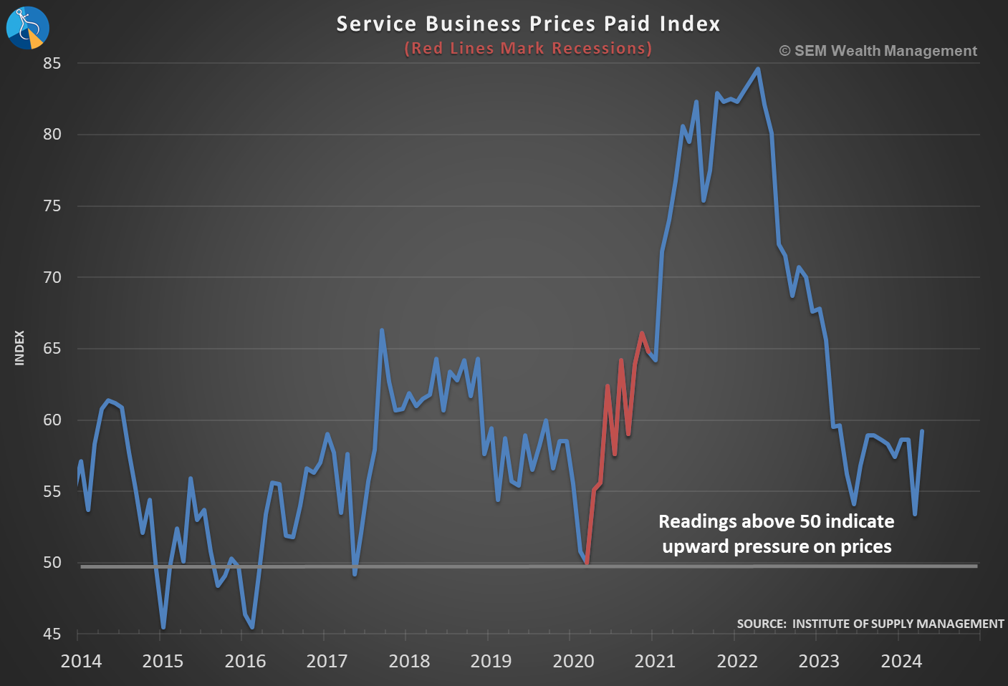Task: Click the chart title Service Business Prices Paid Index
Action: (x=528, y=24)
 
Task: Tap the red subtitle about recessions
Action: (x=528, y=48)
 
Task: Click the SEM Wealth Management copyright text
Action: (x=878, y=51)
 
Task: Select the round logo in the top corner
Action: (x=27, y=27)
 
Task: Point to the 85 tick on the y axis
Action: (x=52, y=64)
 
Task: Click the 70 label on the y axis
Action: (x=52, y=277)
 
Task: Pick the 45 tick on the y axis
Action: (x=52, y=634)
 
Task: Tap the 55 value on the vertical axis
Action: (x=52, y=491)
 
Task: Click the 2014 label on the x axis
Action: (x=81, y=661)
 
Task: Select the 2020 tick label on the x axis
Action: (x=573, y=661)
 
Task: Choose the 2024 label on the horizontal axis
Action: (x=901, y=661)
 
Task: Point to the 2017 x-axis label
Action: (x=327, y=661)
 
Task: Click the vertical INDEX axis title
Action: (x=19, y=348)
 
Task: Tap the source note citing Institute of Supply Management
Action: (x=870, y=624)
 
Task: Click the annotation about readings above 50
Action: (x=777, y=534)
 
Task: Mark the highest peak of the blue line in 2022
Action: (x=758, y=69)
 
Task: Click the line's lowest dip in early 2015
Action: (x=163, y=627)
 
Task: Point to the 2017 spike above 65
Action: (x=382, y=331)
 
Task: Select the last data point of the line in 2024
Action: (x=922, y=431)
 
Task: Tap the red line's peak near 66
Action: (x=642, y=333)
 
